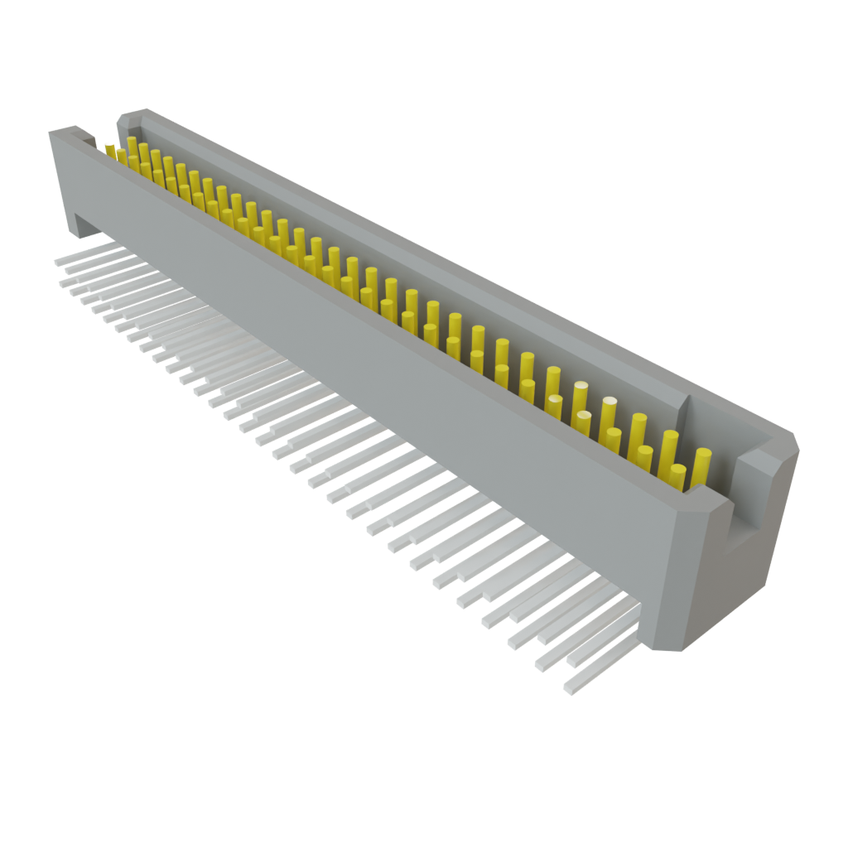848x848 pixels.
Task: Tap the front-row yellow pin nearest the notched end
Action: point(677,475)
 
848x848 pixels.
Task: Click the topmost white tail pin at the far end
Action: point(58,261)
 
